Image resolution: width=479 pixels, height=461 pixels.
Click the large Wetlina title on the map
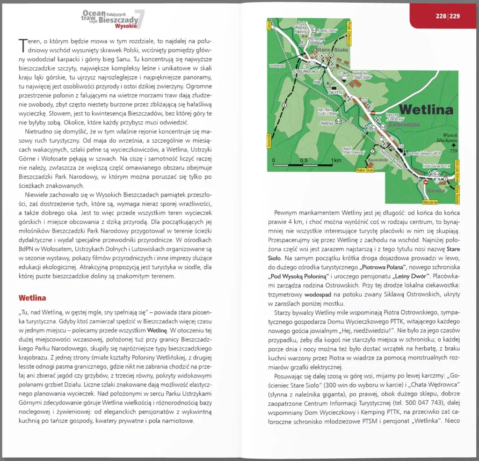(x=427, y=110)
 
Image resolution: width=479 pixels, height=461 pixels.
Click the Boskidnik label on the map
(x=378, y=160)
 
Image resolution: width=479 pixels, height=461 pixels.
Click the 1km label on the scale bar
(x=335, y=161)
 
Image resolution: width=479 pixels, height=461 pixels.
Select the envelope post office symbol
(x=364, y=100)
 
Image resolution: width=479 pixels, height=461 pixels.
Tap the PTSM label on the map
(x=342, y=73)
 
